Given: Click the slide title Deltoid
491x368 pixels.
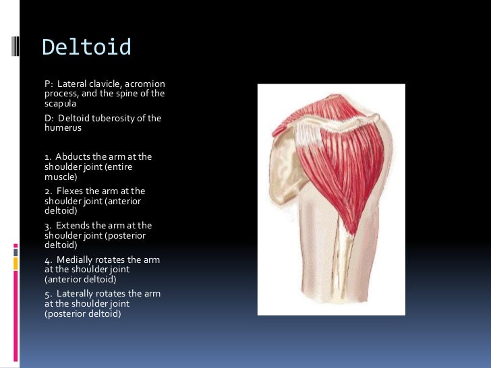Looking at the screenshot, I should [x=86, y=48].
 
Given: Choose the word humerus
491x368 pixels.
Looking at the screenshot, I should [x=63, y=128].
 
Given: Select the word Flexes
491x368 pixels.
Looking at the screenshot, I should [x=70, y=191].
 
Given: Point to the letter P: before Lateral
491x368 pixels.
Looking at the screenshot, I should [x=49, y=84].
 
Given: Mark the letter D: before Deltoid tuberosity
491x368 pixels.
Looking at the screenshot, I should [x=49, y=119].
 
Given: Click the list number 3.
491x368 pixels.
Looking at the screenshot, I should [x=48, y=226].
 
